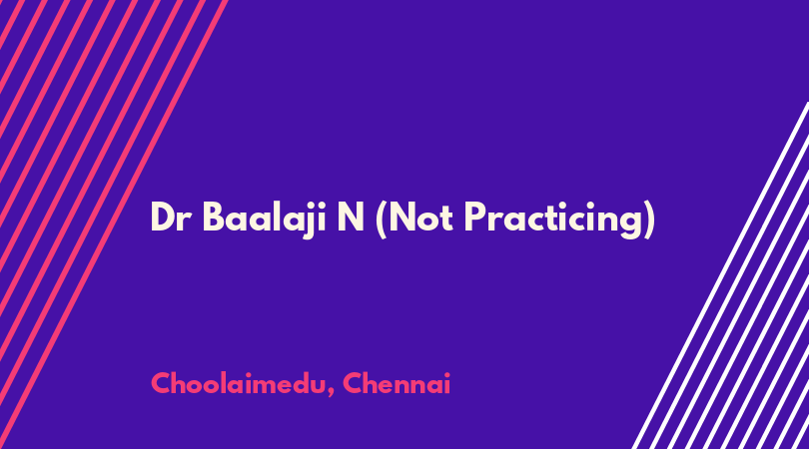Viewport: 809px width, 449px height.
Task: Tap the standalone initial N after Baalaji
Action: (x=351, y=218)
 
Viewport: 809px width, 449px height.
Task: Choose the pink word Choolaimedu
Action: (x=239, y=383)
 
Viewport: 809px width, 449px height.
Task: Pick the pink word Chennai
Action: (x=397, y=383)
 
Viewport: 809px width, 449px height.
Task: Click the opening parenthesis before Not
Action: (x=382, y=221)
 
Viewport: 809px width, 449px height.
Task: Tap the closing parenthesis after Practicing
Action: (x=649, y=221)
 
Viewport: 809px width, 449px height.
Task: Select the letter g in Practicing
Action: (x=631, y=224)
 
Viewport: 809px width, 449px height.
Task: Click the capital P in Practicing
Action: (x=474, y=218)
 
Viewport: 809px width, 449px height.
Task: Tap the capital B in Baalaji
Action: (x=213, y=218)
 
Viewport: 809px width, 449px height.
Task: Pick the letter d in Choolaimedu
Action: (x=301, y=383)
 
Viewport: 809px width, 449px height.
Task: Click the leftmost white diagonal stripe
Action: (x=721, y=275)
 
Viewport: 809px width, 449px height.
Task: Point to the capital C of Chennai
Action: (x=354, y=383)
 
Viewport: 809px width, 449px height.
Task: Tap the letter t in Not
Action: (x=446, y=220)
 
